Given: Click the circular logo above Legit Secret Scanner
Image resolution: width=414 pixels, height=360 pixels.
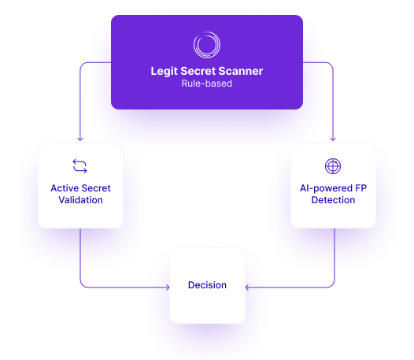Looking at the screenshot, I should (x=207, y=45).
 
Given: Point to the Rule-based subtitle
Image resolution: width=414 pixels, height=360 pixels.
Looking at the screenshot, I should (x=207, y=84).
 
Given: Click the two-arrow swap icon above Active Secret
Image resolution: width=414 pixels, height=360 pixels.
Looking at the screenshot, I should (x=80, y=166).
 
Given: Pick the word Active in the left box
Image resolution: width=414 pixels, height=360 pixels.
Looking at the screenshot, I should (x=65, y=188).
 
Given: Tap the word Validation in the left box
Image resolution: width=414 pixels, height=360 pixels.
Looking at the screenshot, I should (x=80, y=200).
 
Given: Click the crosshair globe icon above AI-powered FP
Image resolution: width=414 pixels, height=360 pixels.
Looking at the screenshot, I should (x=333, y=166).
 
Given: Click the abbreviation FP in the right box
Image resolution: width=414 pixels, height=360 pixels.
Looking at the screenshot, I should (x=360, y=188).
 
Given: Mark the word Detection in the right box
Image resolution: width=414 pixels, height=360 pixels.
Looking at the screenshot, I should (x=333, y=200).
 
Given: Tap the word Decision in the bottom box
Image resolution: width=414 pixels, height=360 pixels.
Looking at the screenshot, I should (x=207, y=285).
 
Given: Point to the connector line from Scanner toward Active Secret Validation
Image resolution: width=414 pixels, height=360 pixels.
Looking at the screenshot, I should (x=80, y=102).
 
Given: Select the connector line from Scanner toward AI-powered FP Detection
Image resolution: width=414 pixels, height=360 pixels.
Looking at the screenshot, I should (x=334, y=102).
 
